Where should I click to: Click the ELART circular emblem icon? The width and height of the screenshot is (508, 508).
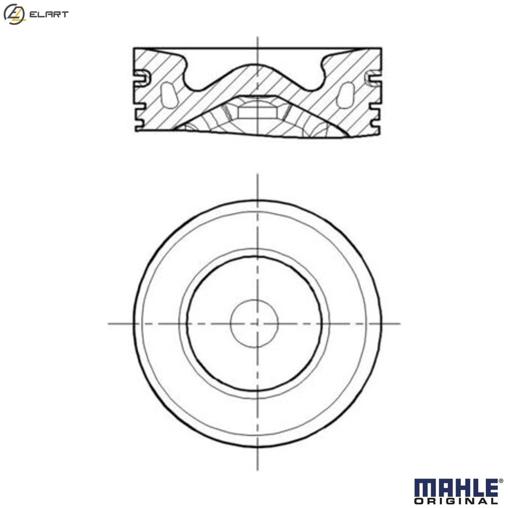click(14, 14)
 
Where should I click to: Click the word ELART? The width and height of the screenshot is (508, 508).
click(49, 15)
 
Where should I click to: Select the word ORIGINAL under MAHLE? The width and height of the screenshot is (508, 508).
click(456, 501)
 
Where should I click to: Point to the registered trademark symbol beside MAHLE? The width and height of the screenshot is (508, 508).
click(501, 481)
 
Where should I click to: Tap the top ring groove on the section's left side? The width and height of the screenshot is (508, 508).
click(140, 78)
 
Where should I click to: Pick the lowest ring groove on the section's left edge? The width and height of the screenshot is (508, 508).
click(139, 124)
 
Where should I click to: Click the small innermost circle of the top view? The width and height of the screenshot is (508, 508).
click(255, 323)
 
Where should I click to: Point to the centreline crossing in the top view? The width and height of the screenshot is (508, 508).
click(257, 323)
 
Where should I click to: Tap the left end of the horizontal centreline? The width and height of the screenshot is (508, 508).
click(110, 323)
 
